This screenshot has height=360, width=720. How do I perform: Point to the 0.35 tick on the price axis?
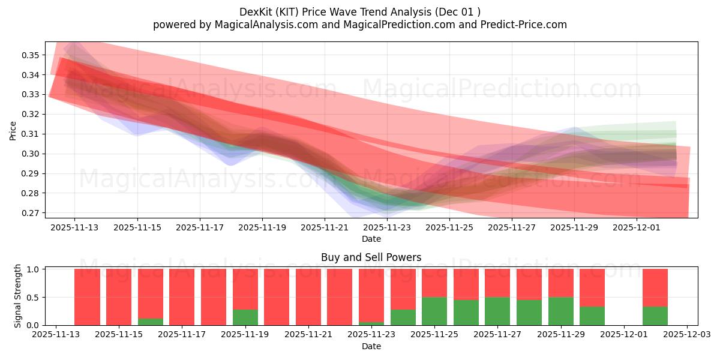(30, 55)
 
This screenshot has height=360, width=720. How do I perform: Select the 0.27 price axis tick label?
(30, 213)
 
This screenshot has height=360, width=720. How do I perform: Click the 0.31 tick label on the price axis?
(30, 134)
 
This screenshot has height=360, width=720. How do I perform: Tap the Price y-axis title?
(13, 130)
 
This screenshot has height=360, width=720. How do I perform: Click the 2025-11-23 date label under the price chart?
(387, 228)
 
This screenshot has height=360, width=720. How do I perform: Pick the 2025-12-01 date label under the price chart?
(637, 228)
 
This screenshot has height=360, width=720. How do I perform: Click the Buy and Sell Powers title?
(371, 257)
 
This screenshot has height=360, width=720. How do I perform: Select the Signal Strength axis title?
(18, 296)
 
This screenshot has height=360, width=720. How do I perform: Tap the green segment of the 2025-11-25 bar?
(434, 311)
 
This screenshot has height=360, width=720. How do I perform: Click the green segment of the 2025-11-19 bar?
(245, 317)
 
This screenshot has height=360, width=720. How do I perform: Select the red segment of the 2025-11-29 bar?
(560, 283)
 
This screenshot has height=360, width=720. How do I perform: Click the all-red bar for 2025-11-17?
(182, 297)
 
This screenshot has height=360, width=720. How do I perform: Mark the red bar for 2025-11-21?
(308, 297)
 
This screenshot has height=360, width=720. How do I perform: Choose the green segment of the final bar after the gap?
(655, 316)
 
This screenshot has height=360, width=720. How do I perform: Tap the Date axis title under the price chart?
(371, 239)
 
